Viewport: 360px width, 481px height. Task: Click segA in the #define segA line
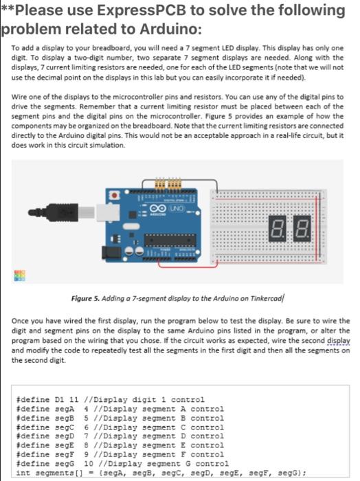[x=58, y=408]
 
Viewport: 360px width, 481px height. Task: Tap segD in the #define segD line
[x=58, y=435]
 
